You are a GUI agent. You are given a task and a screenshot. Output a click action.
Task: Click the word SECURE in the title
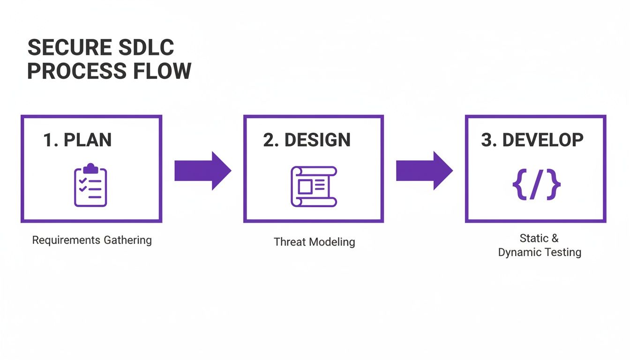pyautogui.click(x=69, y=48)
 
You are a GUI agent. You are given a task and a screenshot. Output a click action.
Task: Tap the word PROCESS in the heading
pyautogui.click(x=76, y=71)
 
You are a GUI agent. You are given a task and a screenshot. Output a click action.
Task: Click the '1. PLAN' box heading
pyautogui.click(x=77, y=140)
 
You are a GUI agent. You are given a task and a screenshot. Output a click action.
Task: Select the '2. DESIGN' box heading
pyautogui.click(x=307, y=140)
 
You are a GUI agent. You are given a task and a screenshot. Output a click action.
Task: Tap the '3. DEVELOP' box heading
pyautogui.click(x=532, y=140)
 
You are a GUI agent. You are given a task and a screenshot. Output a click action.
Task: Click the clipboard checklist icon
pyautogui.click(x=90, y=185)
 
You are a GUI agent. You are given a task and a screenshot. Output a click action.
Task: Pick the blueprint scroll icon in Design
pyautogui.click(x=314, y=186)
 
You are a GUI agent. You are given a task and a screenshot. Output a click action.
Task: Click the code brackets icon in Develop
pyautogui.click(x=536, y=185)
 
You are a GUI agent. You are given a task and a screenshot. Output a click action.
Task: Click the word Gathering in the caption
pyautogui.click(x=128, y=240)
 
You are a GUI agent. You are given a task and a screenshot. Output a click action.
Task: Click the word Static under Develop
pyautogui.click(x=534, y=238)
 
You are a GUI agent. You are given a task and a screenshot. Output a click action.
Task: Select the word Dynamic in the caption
pyautogui.click(x=519, y=253)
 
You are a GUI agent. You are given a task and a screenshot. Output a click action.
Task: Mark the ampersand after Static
pyautogui.click(x=555, y=238)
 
